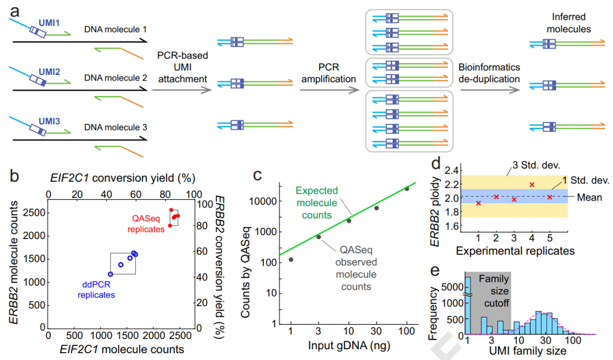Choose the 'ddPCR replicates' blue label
tap(96, 290)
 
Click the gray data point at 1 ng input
tap(291, 259)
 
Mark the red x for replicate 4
tap(532, 185)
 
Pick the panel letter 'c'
tap(257, 175)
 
